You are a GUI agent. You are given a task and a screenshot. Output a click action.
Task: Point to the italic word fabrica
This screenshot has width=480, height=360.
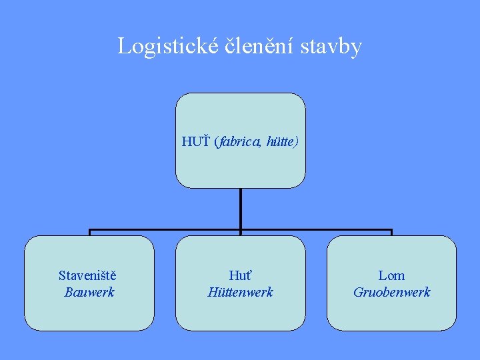click(x=239, y=142)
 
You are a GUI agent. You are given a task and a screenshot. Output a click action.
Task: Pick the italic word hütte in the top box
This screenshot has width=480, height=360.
click(x=281, y=142)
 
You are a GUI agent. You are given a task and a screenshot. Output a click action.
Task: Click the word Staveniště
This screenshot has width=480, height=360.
click(x=89, y=275)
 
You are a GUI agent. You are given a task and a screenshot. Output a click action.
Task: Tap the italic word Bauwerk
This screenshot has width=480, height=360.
click(x=89, y=292)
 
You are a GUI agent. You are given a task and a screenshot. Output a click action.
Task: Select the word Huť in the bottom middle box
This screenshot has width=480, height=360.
click(x=240, y=275)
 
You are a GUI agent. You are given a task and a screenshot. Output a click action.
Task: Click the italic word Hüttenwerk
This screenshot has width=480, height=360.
click(x=240, y=292)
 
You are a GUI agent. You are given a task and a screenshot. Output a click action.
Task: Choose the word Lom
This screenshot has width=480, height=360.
click(x=391, y=275)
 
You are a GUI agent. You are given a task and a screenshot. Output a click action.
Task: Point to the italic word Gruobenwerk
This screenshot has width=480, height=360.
click(x=391, y=292)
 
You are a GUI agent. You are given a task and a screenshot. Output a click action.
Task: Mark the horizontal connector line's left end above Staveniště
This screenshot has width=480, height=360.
click(x=91, y=231)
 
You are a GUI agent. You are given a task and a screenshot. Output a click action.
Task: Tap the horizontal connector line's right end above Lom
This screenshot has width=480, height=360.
click(x=391, y=231)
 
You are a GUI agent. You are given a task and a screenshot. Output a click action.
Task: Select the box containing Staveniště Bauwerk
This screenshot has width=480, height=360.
click(x=89, y=313)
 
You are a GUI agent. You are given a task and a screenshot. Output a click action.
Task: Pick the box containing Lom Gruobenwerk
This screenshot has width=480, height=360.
click(x=391, y=313)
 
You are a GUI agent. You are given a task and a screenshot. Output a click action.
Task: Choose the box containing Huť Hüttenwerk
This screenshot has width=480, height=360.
click(x=240, y=313)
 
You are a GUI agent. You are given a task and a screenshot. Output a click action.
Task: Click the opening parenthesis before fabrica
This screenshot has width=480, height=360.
click(x=216, y=142)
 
